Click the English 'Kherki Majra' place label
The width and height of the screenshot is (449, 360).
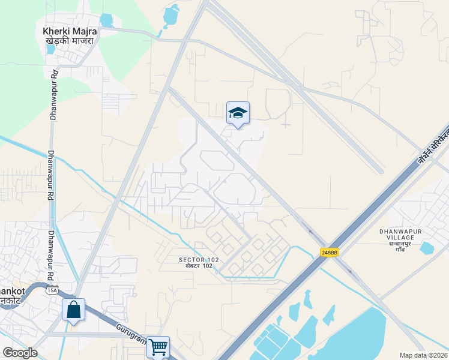[68, 31]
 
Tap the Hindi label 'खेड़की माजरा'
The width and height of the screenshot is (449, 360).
[69, 41]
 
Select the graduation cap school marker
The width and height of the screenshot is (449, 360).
[238, 113]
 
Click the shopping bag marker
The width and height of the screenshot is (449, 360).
[73, 310]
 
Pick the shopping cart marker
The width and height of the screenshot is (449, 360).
[158, 346]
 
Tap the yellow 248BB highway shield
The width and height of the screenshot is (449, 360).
[329, 253]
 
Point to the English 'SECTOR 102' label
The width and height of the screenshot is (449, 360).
[199, 260]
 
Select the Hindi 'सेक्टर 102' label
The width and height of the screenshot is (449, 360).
[199, 266]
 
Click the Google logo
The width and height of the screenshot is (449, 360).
[20, 353]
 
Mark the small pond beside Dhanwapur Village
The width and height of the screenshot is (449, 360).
[427, 248]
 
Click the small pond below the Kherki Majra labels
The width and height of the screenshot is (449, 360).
[50, 50]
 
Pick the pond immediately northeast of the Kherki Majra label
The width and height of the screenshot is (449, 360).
[107, 20]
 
